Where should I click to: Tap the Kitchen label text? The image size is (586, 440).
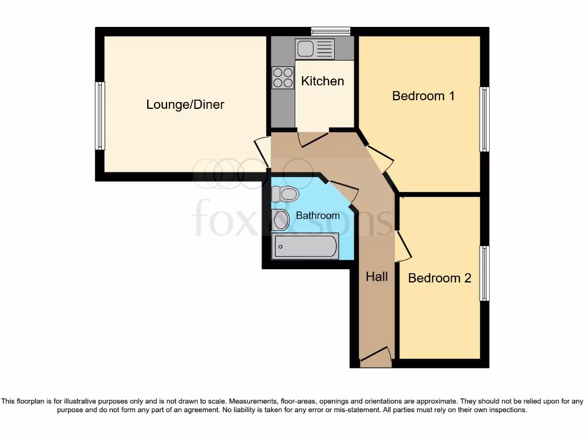click(323, 81)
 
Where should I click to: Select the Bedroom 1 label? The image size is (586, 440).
click(423, 96)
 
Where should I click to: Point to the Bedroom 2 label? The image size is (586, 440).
click(439, 278)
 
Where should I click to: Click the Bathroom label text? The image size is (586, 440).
click(318, 215)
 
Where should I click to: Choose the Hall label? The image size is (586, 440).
click(377, 277)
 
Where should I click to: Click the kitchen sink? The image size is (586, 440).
click(315, 49)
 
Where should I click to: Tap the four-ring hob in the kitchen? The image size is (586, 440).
click(283, 77)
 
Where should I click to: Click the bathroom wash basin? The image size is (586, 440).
click(280, 219)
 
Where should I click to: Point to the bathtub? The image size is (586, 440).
click(305, 246)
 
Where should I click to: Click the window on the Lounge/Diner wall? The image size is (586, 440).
click(100, 115)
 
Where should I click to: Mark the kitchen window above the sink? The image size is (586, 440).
click(330, 31)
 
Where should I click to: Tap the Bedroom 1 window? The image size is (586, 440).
click(485, 119)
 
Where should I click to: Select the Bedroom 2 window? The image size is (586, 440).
click(485, 273)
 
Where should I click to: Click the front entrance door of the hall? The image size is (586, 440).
click(375, 357)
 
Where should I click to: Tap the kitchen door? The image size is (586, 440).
click(312, 138)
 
